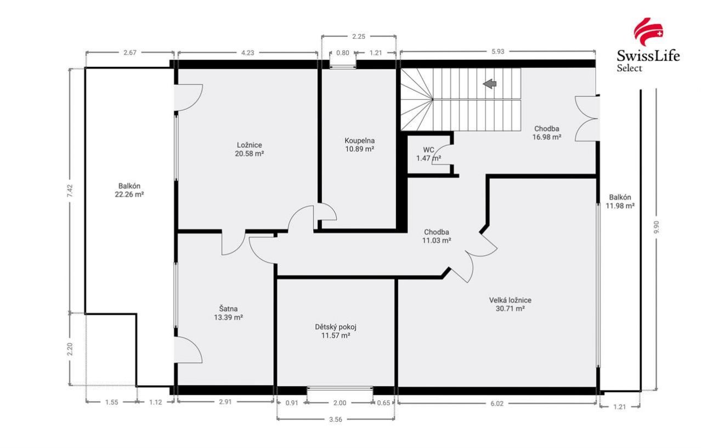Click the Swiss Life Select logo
point(648,46)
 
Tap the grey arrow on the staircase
point(490,84)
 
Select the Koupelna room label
point(360,140)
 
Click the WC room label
point(428,150)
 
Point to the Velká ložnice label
point(510,300)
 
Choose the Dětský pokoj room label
point(336,327)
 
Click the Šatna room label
point(228,309)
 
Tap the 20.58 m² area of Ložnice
point(249,154)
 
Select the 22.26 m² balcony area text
point(129,194)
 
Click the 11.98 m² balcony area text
point(620,206)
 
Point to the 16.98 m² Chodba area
point(547,137)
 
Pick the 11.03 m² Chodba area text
point(437,241)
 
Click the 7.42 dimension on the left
point(70,190)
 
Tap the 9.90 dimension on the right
point(657,227)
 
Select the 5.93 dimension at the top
point(498,52)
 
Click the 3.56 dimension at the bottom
point(336,419)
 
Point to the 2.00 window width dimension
point(340,403)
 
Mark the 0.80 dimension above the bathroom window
point(343,53)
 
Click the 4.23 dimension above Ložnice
point(247,53)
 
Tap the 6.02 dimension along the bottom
point(497,404)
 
